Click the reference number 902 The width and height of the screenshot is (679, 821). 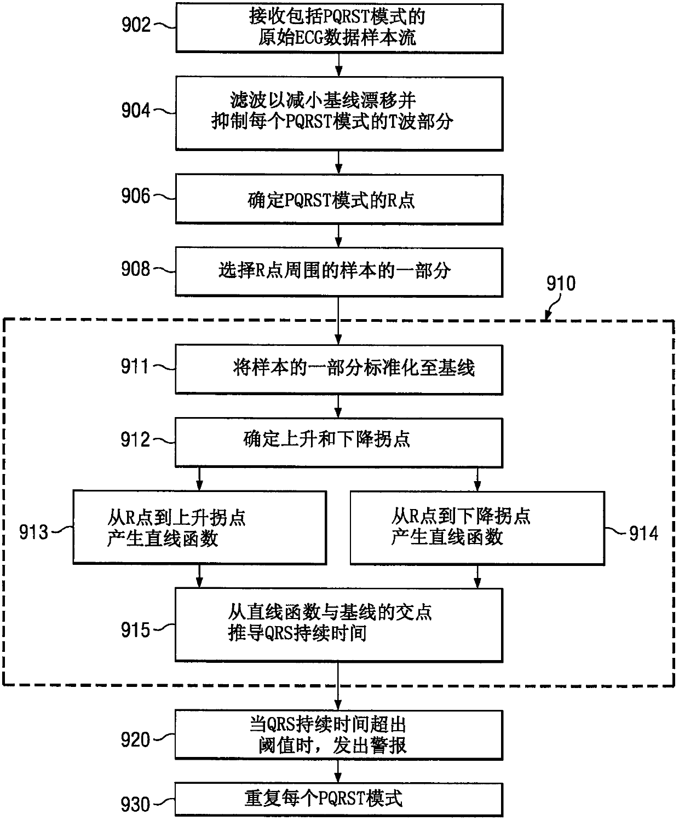136,25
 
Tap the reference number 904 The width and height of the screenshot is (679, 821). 136,110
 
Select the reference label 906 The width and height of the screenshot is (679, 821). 136,195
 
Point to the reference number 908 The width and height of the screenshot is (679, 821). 136,269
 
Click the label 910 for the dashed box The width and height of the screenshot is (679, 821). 561,284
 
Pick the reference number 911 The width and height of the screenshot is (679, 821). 135,367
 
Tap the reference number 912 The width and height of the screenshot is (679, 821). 135,440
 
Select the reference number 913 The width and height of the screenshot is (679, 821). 34,533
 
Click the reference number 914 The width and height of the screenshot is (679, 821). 643,534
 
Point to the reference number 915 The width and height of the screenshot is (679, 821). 135,630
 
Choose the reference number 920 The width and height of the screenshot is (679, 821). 135,740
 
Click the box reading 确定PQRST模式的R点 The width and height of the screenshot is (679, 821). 339,199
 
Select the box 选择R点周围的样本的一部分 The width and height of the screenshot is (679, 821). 339,271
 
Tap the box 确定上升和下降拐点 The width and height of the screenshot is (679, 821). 339,443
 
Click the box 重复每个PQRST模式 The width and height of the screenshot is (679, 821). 339,799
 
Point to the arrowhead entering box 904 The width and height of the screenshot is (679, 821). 339,72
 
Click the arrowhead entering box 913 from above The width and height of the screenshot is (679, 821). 199,485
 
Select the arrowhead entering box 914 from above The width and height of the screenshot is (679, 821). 477,486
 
